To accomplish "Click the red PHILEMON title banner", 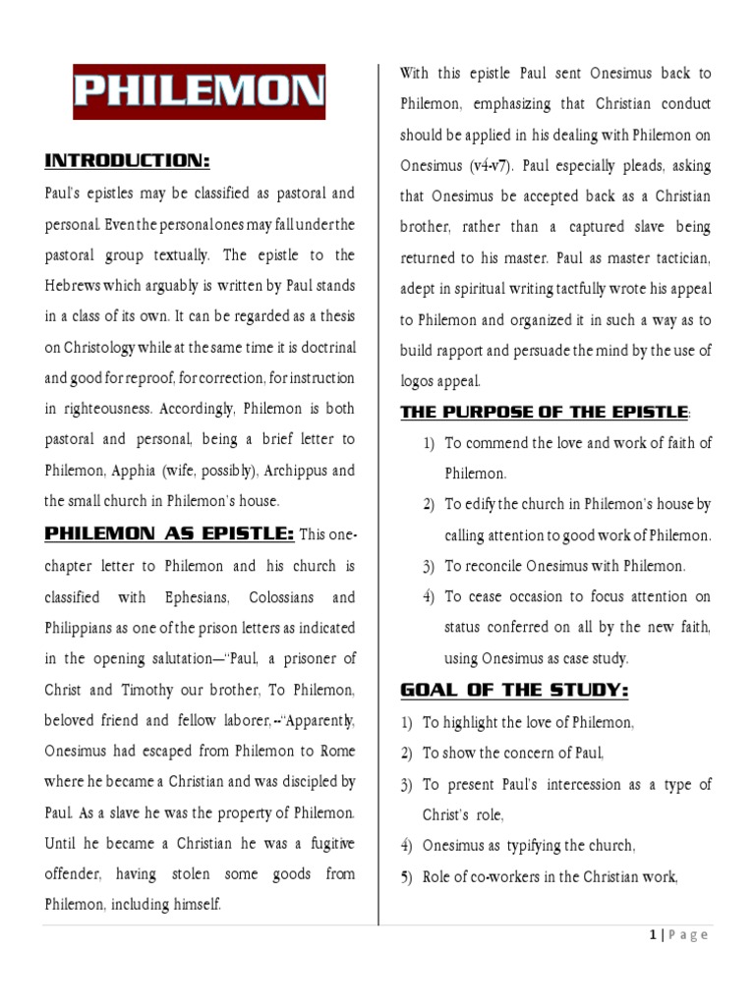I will click(x=200, y=91).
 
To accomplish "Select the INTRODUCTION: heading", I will click(x=129, y=160).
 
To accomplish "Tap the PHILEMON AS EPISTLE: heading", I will click(x=169, y=533).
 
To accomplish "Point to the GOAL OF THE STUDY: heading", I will click(x=514, y=691).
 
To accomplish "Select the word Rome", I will click(x=332, y=751).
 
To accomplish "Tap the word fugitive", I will click(x=323, y=844).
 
